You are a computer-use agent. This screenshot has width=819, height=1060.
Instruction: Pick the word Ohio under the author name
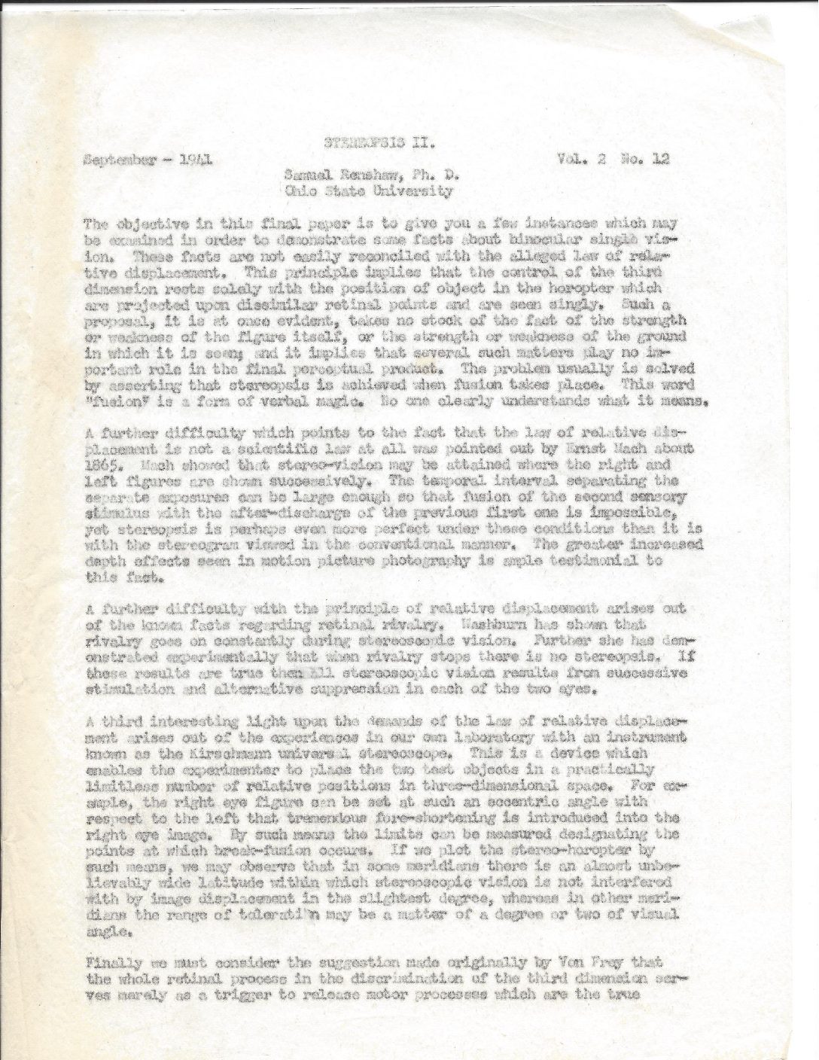(300, 190)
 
